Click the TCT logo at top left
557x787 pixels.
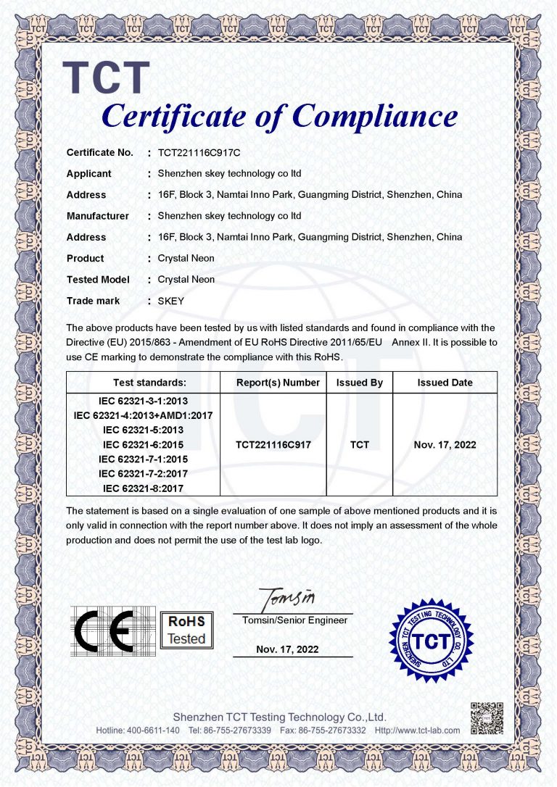(x=106, y=78)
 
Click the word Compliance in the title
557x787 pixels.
(x=375, y=116)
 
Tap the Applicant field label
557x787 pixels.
(x=89, y=174)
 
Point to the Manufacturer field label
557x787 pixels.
(x=98, y=216)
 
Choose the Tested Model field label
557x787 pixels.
(x=98, y=280)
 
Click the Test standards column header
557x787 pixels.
(x=149, y=383)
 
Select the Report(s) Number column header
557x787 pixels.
(x=278, y=383)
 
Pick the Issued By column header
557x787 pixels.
(x=359, y=383)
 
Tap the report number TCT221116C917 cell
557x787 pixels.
(x=273, y=445)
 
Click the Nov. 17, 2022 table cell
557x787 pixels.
(x=445, y=445)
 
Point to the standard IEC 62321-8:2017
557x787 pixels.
(x=143, y=488)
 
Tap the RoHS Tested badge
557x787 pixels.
(x=186, y=630)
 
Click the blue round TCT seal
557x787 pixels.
(x=426, y=630)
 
